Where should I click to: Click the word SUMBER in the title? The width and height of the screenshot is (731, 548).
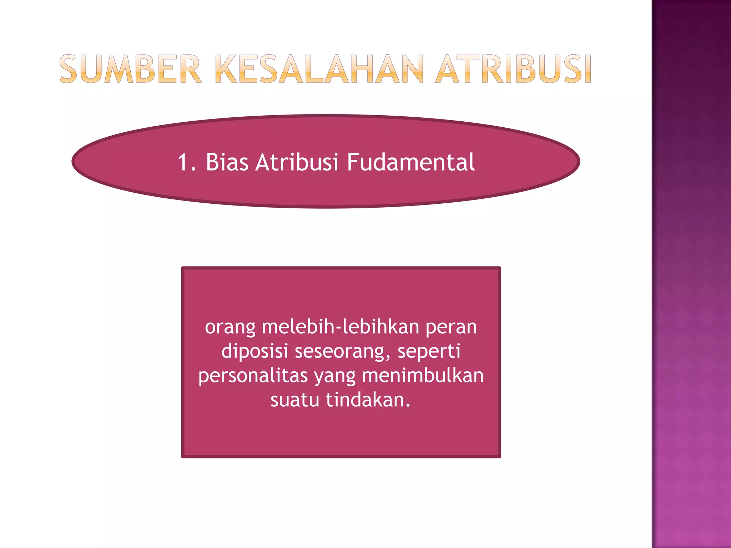point(131,69)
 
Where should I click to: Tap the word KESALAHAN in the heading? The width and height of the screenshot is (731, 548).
point(320,69)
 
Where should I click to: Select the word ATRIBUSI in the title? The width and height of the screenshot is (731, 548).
point(513,69)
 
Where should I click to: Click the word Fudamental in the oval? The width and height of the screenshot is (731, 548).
point(411,162)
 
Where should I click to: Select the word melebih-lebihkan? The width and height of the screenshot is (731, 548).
point(341,327)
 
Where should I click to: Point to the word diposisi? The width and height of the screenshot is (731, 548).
point(254,351)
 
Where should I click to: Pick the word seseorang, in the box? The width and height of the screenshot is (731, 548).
point(343,351)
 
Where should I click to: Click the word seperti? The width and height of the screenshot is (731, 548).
point(429,351)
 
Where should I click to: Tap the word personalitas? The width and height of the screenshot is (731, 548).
point(253,376)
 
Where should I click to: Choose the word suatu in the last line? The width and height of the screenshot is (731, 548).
point(295,400)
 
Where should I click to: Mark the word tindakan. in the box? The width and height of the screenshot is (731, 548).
point(368,400)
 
